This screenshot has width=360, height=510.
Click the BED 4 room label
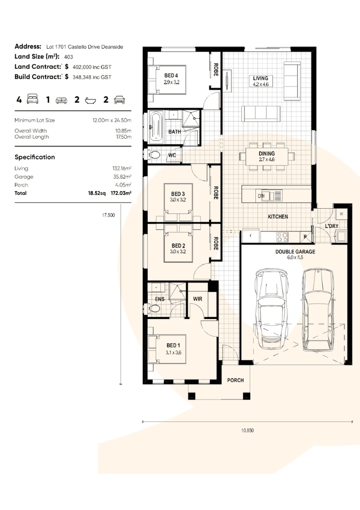[171, 76]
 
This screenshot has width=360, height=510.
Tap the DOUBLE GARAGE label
[295, 252]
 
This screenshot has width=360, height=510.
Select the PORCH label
[235, 380]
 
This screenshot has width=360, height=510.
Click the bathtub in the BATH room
[156, 126]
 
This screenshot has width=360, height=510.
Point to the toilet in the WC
[154, 155]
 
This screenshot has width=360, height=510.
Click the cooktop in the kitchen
[282, 237]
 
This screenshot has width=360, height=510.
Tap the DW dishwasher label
[262, 196]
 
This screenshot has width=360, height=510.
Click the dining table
[267, 156]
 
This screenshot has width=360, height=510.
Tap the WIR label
[197, 299]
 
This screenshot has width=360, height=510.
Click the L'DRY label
[332, 226]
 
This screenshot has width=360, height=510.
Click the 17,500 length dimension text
[108, 215]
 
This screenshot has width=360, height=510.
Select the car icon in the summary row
[120, 99]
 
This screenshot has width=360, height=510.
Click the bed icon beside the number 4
[33, 99]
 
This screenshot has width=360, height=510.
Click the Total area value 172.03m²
[121, 193]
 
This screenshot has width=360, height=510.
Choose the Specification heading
[35, 157]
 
